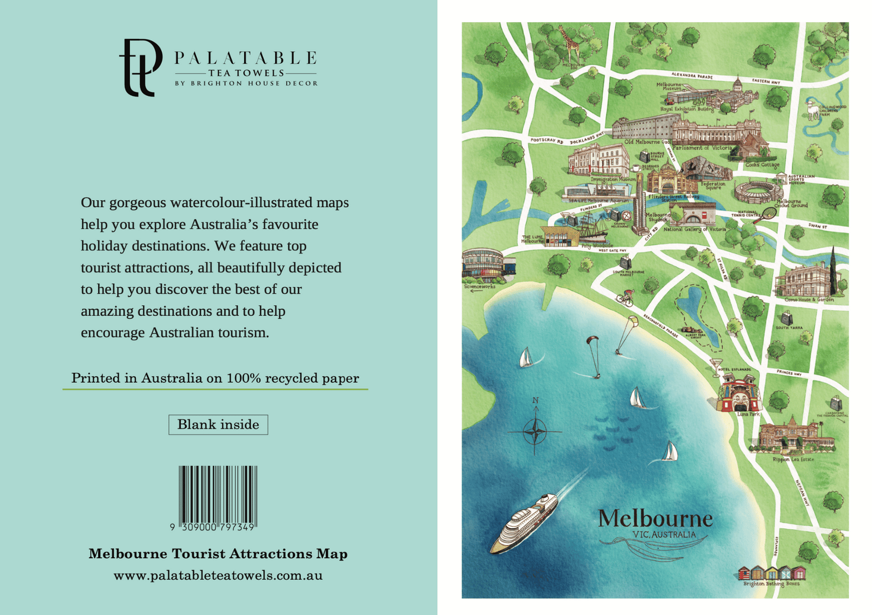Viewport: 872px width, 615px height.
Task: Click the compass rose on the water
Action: point(535,432)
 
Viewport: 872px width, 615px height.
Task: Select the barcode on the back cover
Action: point(218,494)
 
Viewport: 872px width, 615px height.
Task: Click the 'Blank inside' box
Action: point(218,425)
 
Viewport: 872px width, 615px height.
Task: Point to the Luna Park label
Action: point(748,414)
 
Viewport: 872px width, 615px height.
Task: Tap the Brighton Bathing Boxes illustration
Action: point(771,573)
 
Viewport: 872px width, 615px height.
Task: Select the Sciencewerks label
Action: point(480,286)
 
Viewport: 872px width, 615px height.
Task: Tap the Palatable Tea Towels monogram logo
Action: point(140,67)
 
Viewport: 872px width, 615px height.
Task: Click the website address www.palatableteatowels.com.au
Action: point(218,576)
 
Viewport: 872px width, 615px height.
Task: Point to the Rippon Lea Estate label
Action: point(793,460)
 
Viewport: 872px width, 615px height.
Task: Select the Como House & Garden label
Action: point(809,300)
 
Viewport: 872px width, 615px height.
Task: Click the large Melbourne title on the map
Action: point(655,518)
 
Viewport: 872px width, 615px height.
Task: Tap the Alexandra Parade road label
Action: point(692,76)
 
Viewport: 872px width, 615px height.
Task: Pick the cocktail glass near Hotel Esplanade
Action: point(716,366)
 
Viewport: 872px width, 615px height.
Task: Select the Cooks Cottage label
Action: point(762,165)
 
